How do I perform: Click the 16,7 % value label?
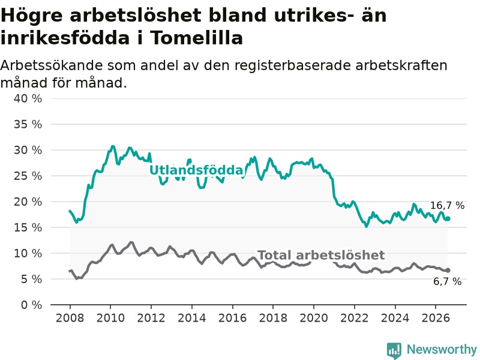point(447,205)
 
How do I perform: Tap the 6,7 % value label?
point(447,281)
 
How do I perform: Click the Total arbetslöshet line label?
point(321,254)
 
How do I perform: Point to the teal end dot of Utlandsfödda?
point(448,218)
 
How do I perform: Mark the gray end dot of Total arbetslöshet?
point(448,271)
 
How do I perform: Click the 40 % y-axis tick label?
point(28,98)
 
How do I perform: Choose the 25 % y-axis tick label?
point(28,176)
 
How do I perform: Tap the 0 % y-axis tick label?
point(32,305)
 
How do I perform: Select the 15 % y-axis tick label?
point(28,227)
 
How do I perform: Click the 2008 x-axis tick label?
point(70,318)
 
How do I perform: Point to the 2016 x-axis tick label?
point(232,318)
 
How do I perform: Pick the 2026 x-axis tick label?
point(436,318)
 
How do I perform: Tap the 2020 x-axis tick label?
point(314,318)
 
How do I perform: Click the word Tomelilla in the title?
point(197,38)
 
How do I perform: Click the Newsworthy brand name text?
point(442,349)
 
